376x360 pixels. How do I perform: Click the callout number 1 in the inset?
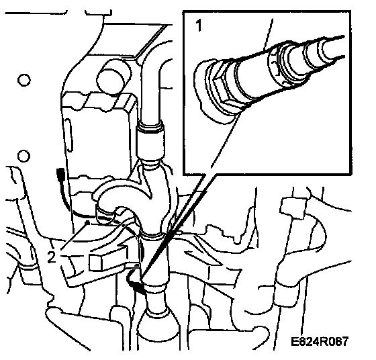(199, 26)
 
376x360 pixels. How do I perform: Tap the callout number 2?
(52, 257)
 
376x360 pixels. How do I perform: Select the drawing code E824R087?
(319, 341)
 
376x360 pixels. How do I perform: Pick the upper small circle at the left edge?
(24, 80)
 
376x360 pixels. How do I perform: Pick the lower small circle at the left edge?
(23, 156)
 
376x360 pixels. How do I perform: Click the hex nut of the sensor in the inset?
(220, 89)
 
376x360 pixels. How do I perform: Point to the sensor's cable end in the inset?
(333, 48)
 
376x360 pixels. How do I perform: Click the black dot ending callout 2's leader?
(88, 223)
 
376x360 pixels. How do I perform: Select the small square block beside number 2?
(96, 262)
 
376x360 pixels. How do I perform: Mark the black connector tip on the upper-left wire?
(60, 173)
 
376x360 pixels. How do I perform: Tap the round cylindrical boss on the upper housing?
(114, 77)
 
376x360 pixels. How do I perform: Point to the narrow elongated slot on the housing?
(68, 135)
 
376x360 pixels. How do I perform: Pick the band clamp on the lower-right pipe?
(287, 295)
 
